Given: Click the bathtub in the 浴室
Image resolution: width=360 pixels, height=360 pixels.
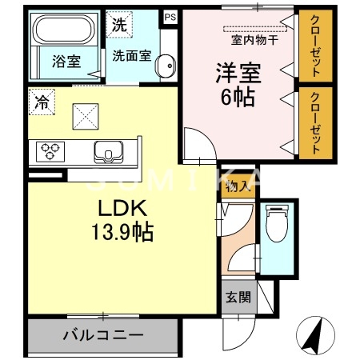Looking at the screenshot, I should tap(64, 32).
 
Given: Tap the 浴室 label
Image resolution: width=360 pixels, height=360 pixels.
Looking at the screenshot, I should tap(67, 62).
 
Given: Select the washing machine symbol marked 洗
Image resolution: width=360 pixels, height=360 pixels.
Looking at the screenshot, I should tap(119, 24).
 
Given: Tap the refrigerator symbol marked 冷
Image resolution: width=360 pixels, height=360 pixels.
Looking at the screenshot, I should tap(39, 101).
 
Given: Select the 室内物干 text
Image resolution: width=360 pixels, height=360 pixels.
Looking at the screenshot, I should tap(254, 38).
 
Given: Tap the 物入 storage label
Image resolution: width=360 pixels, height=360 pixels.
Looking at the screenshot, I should tap(237, 188).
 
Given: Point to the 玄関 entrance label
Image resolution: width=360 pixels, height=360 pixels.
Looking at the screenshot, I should tap(237, 297).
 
